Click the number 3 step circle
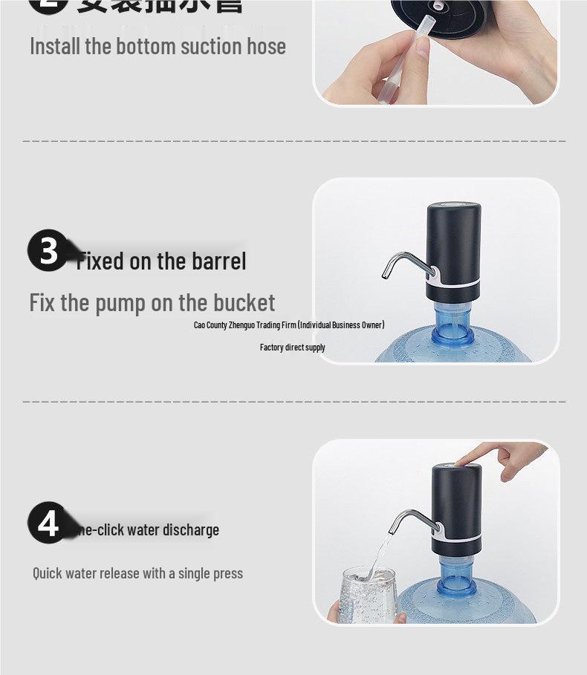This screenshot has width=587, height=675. (48, 250)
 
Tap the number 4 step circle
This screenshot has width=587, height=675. (48, 523)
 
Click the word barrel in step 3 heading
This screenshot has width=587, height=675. (218, 261)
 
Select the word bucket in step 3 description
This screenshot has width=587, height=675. (244, 303)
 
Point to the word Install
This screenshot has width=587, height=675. (55, 46)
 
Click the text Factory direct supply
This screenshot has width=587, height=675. (292, 348)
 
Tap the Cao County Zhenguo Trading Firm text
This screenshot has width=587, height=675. (289, 325)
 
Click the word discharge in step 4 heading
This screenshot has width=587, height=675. (191, 530)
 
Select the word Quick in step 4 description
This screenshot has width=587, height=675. (47, 573)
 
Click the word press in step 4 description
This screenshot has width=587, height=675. (227, 573)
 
